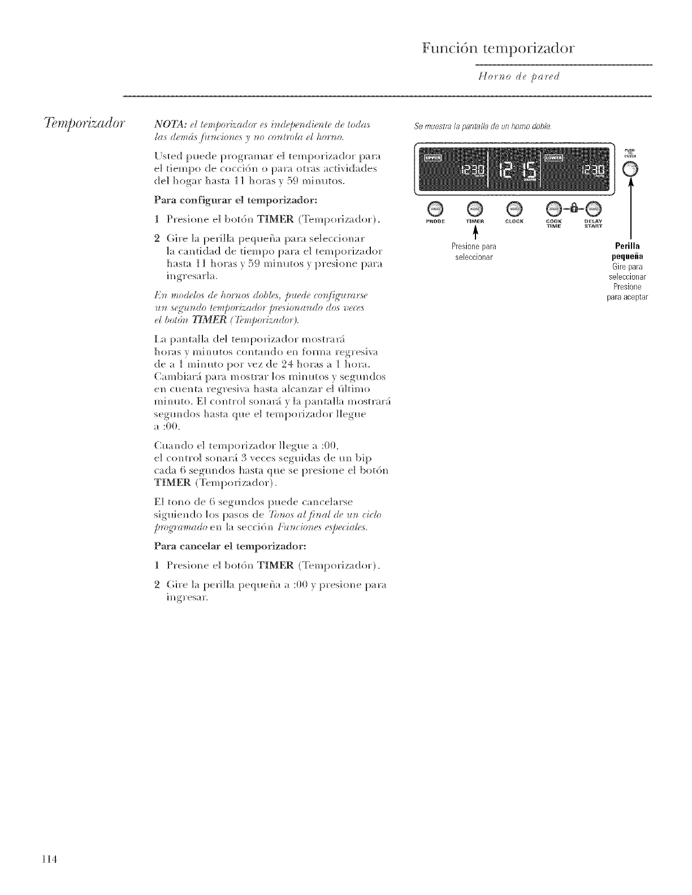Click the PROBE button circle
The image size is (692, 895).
(435, 208)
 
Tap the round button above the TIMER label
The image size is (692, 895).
(475, 208)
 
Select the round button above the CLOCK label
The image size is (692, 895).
(515, 208)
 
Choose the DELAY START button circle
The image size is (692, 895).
(594, 208)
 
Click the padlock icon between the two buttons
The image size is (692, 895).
(574, 208)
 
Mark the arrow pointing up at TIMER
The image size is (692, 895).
(475, 233)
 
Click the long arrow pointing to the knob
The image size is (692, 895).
(630, 209)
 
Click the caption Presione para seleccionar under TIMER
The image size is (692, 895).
(475, 252)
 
